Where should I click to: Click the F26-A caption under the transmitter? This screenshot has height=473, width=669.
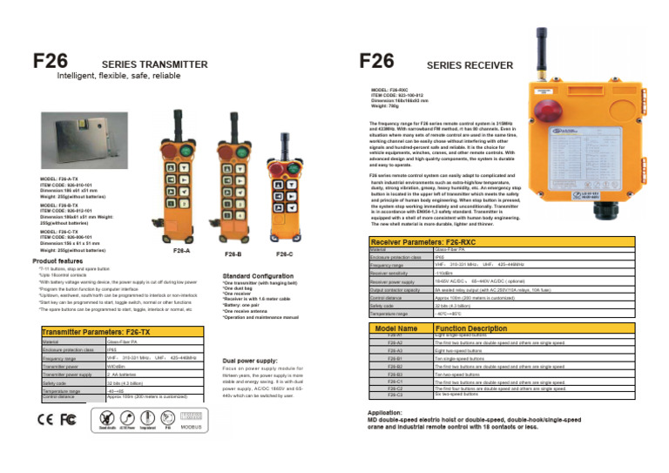pyautogui.click(x=182, y=251)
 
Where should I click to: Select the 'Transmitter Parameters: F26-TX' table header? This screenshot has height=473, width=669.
pyautogui.click(x=96, y=331)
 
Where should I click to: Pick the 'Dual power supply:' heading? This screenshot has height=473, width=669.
pyautogui.click(x=250, y=360)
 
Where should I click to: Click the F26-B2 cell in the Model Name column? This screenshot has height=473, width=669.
pyautogui.click(x=395, y=367)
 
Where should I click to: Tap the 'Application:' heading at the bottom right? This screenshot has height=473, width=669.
pyautogui.click(x=384, y=412)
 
